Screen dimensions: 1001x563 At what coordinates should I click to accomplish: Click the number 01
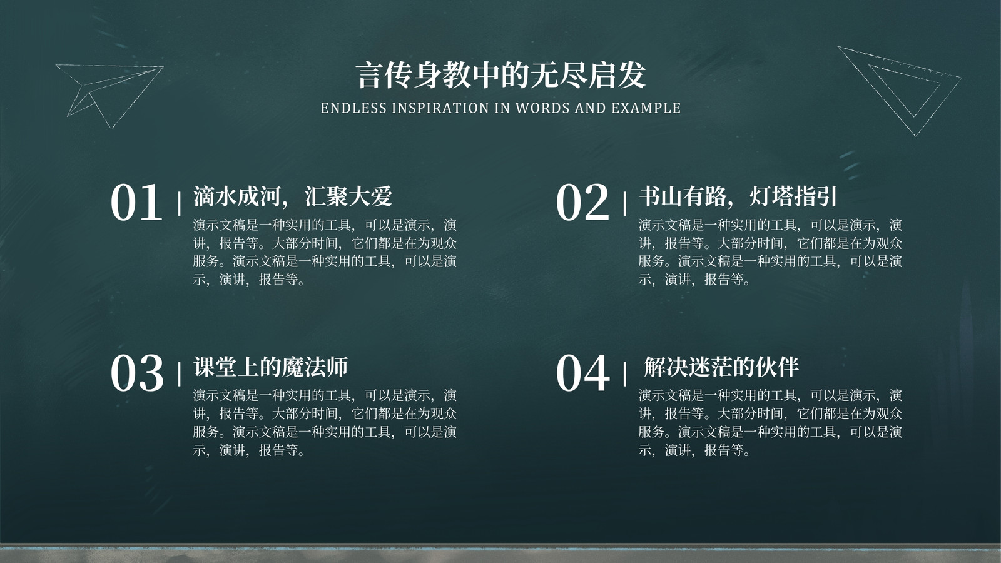click(136, 203)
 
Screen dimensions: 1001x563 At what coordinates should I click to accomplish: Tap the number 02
click(582, 203)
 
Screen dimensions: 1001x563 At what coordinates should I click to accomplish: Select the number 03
click(137, 373)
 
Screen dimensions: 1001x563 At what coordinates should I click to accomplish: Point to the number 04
click(582, 373)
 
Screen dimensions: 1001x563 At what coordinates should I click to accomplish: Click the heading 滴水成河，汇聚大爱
click(293, 196)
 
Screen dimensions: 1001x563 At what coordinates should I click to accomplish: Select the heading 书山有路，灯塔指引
click(738, 196)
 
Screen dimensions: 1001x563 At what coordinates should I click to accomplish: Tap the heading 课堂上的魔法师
click(270, 367)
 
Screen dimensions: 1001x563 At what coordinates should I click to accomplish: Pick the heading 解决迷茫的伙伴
click(721, 367)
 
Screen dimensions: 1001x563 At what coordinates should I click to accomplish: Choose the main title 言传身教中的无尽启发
click(501, 75)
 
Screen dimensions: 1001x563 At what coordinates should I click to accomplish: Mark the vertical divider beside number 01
click(179, 204)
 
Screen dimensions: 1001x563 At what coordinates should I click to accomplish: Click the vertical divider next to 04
click(625, 374)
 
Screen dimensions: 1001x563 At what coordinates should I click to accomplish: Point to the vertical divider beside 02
click(625, 203)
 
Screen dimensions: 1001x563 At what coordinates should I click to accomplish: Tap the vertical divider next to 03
click(179, 374)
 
